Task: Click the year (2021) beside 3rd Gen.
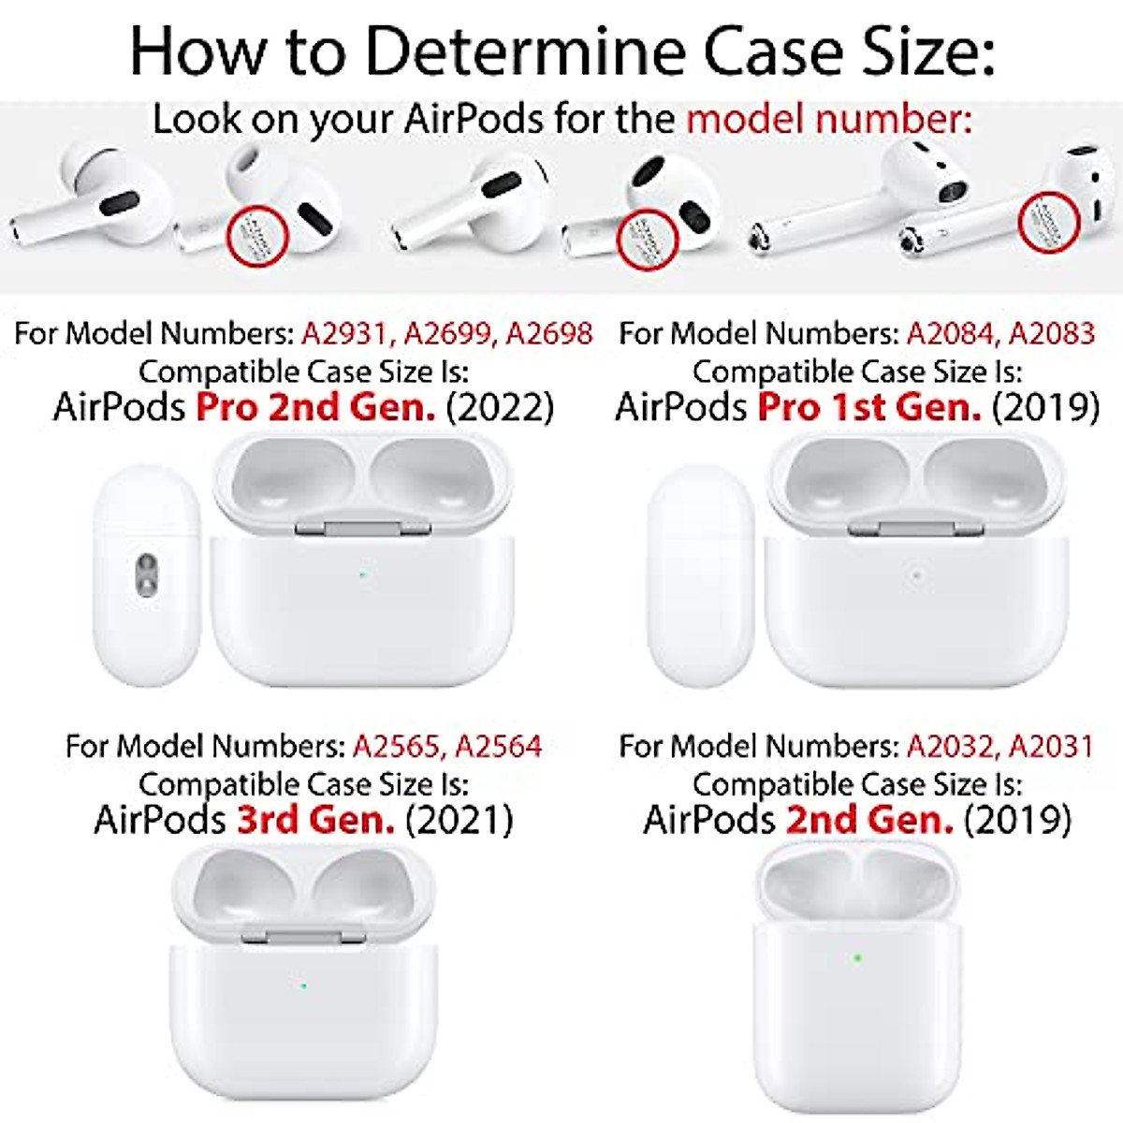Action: [459, 820]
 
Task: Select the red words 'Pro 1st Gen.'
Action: [869, 407]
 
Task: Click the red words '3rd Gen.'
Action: [315, 820]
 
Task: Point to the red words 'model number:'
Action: [829, 120]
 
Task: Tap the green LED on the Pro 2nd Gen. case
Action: [362, 574]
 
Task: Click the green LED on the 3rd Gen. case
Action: [302, 984]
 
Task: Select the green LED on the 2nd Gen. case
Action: [856, 957]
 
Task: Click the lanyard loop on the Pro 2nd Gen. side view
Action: [146, 573]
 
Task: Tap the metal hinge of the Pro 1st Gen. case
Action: [915, 530]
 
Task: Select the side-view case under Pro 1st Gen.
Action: [701, 575]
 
